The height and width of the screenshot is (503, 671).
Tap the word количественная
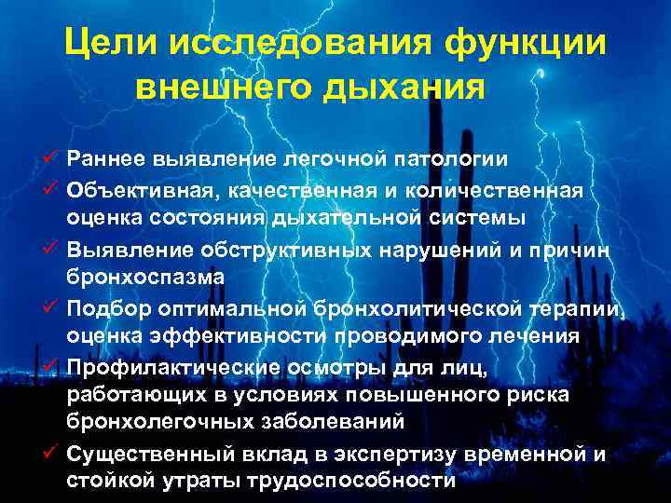(500, 191)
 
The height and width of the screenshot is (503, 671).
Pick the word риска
(563, 395)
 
